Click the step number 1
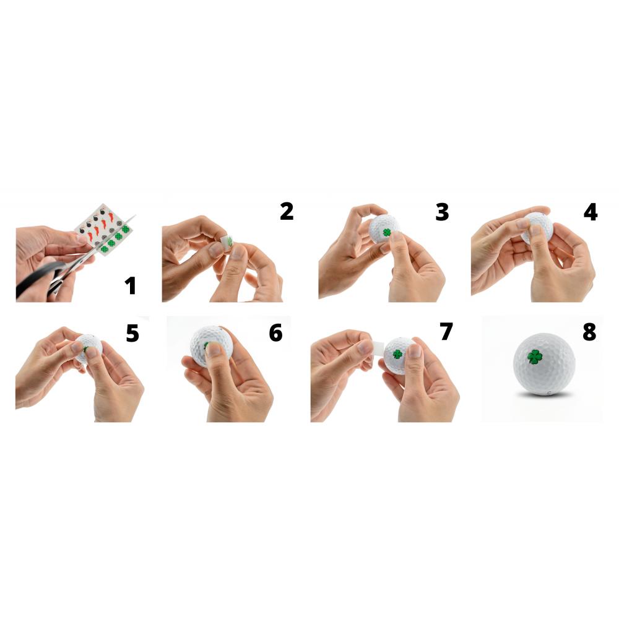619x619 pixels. pyautogui.click(x=130, y=285)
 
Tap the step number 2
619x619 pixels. pyautogui.click(x=287, y=212)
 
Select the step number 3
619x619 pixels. pyautogui.click(x=442, y=212)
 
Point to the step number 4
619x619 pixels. pyautogui.click(x=590, y=212)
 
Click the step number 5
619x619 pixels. pyautogui.click(x=132, y=333)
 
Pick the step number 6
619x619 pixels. pyautogui.click(x=275, y=332)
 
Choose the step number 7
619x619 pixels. pyautogui.click(x=446, y=332)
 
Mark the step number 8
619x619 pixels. pyautogui.click(x=589, y=332)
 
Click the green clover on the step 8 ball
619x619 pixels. pyautogui.click(x=535, y=357)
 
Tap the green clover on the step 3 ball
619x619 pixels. pyautogui.click(x=386, y=233)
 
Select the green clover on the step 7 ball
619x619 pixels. pyautogui.click(x=397, y=353)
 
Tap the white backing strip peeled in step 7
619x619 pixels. pyautogui.click(x=378, y=347)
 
